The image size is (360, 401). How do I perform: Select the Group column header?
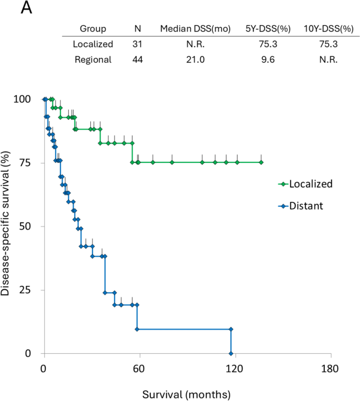(x=93, y=28)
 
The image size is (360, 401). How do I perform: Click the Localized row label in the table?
(x=93, y=44)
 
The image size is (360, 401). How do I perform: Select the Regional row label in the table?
(x=93, y=59)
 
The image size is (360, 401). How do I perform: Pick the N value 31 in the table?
(x=138, y=44)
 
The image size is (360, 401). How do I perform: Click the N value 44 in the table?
(x=138, y=59)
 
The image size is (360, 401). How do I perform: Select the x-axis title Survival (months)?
(x=187, y=392)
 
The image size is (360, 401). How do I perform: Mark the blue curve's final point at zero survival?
(x=231, y=353)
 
